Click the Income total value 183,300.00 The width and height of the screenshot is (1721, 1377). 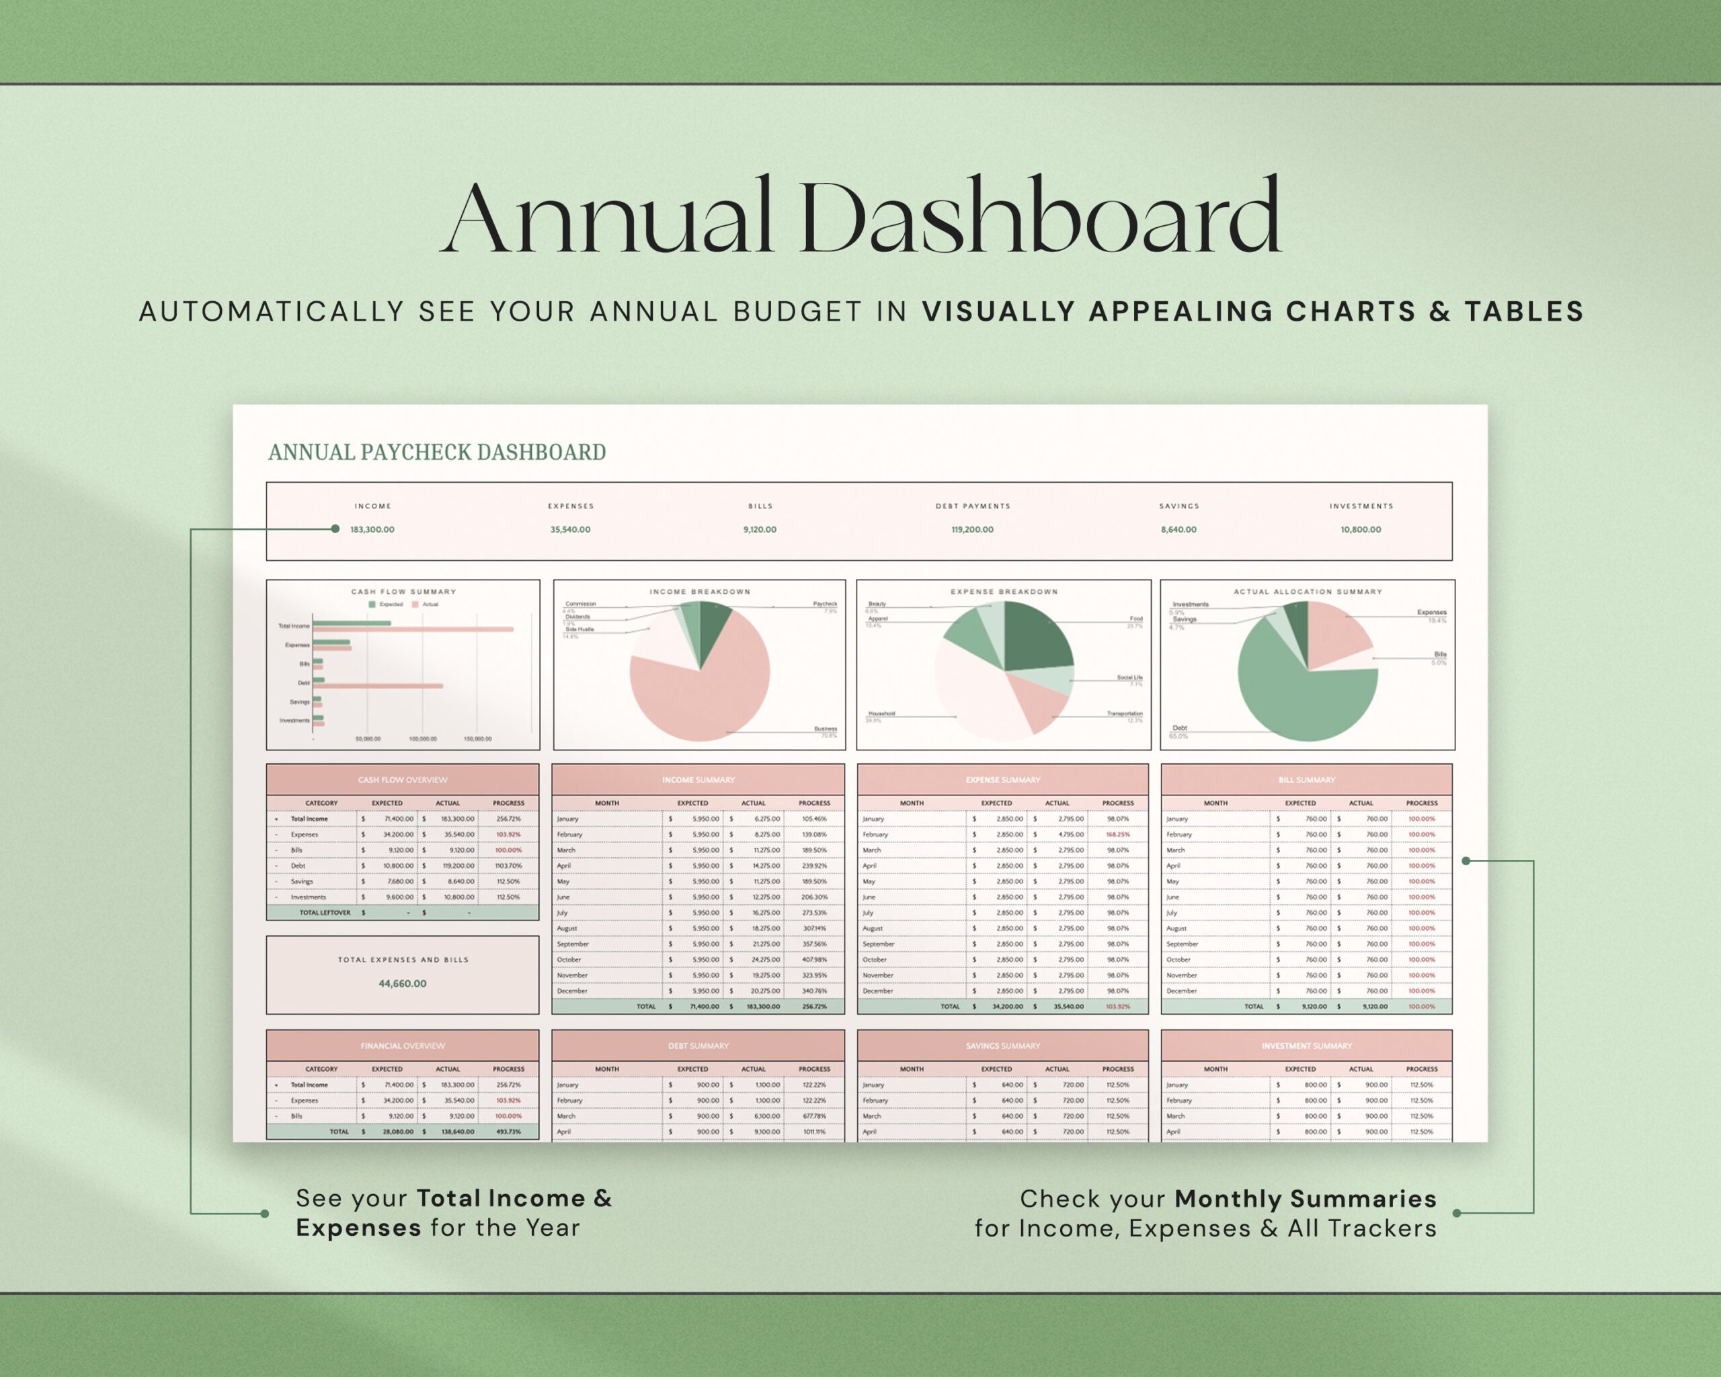tap(372, 529)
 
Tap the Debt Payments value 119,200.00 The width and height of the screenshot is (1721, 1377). tap(972, 529)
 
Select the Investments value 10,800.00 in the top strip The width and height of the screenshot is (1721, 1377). tap(1360, 529)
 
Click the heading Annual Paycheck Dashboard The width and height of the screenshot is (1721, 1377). tap(436, 453)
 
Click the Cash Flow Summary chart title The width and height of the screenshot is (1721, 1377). tap(403, 592)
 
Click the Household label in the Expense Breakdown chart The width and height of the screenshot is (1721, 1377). tap(881, 713)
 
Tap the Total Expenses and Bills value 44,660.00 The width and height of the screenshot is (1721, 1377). tap(402, 984)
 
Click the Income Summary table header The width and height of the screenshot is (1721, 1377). tap(698, 780)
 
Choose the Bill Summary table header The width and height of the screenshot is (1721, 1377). tap(1307, 780)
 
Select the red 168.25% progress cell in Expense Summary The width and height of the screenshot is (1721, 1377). tap(1117, 834)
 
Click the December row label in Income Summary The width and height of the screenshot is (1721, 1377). tap(572, 990)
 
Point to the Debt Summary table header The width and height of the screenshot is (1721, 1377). tap(698, 1046)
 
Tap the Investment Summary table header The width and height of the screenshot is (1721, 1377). tap(1307, 1046)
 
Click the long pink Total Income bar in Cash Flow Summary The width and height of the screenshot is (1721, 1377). tap(415, 629)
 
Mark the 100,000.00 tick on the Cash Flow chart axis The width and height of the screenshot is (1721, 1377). tap(422, 739)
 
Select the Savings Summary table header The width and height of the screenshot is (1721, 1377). tap(1002, 1046)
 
